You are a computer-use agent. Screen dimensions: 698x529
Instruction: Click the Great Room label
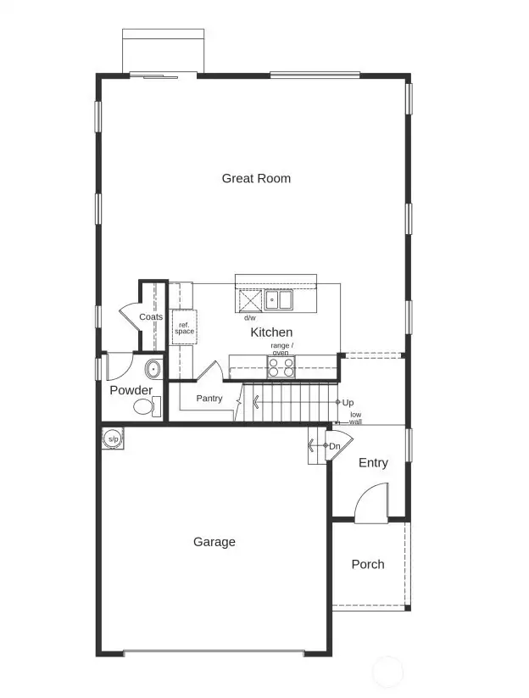click(256, 178)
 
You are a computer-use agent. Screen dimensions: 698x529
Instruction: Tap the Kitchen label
click(271, 332)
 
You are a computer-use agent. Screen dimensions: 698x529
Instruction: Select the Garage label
click(214, 542)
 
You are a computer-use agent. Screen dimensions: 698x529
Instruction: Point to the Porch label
click(368, 564)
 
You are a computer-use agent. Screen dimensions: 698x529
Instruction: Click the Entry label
click(373, 462)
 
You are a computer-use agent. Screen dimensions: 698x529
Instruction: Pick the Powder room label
click(131, 390)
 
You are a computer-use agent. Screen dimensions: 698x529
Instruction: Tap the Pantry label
click(209, 398)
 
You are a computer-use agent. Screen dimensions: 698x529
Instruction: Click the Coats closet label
click(151, 316)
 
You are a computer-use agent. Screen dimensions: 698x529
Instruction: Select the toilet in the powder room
click(147, 407)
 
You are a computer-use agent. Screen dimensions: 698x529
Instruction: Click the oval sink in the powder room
click(153, 369)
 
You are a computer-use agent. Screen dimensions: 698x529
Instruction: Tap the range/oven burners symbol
click(281, 367)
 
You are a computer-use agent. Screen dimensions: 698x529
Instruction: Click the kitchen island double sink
click(278, 300)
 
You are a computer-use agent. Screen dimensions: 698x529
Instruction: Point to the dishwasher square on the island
click(251, 301)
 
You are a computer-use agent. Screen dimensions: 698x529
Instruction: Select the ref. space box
click(184, 327)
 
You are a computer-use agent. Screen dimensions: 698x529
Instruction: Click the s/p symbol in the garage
click(113, 438)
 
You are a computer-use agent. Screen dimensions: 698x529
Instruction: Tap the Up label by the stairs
click(348, 402)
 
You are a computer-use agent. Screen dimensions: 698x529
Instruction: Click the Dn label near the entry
click(335, 446)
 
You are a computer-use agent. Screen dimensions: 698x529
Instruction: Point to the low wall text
click(355, 418)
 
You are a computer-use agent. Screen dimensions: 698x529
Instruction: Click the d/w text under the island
click(249, 318)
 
